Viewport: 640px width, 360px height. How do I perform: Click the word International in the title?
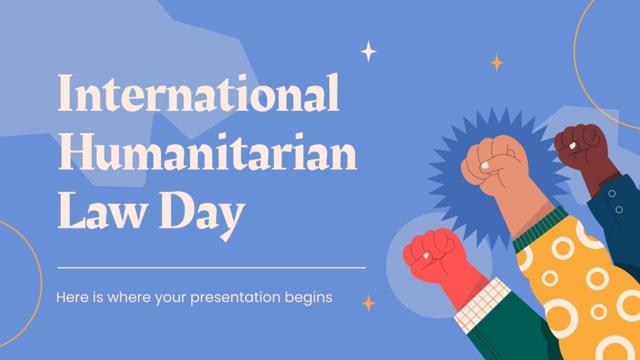[x=198, y=95]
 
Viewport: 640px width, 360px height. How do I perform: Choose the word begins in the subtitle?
[x=311, y=299]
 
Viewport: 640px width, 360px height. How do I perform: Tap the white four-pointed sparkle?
[x=369, y=51]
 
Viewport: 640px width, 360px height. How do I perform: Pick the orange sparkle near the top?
[x=497, y=63]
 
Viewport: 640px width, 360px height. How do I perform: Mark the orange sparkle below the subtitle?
[x=369, y=303]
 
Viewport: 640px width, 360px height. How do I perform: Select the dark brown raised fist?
[x=580, y=145]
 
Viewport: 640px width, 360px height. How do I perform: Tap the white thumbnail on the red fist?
[x=424, y=255]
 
